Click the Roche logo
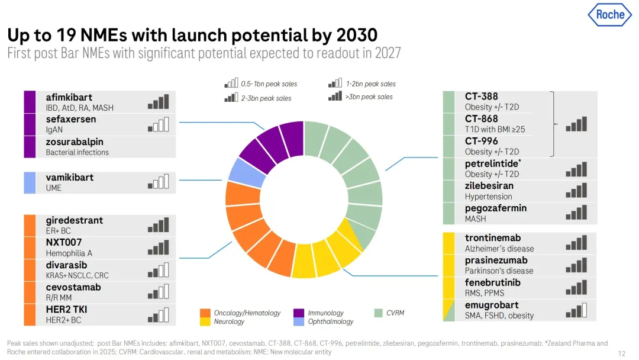(x=609, y=15)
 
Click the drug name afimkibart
(x=69, y=97)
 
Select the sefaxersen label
(x=71, y=119)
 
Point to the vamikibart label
(x=70, y=177)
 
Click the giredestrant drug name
(x=75, y=220)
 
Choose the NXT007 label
(x=64, y=242)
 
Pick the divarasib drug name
(x=67, y=265)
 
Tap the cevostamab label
(x=73, y=287)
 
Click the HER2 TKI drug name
(x=66, y=309)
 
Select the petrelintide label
(x=493, y=163)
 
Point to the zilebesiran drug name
(x=489, y=186)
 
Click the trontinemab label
(x=493, y=238)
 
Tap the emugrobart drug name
(x=492, y=305)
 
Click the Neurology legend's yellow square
(x=205, y=322)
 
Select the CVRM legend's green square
(x=379, y=313)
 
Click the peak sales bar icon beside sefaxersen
(x=159, y=124)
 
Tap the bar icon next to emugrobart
(x=576, y=310)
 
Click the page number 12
(x=621, y=353)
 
